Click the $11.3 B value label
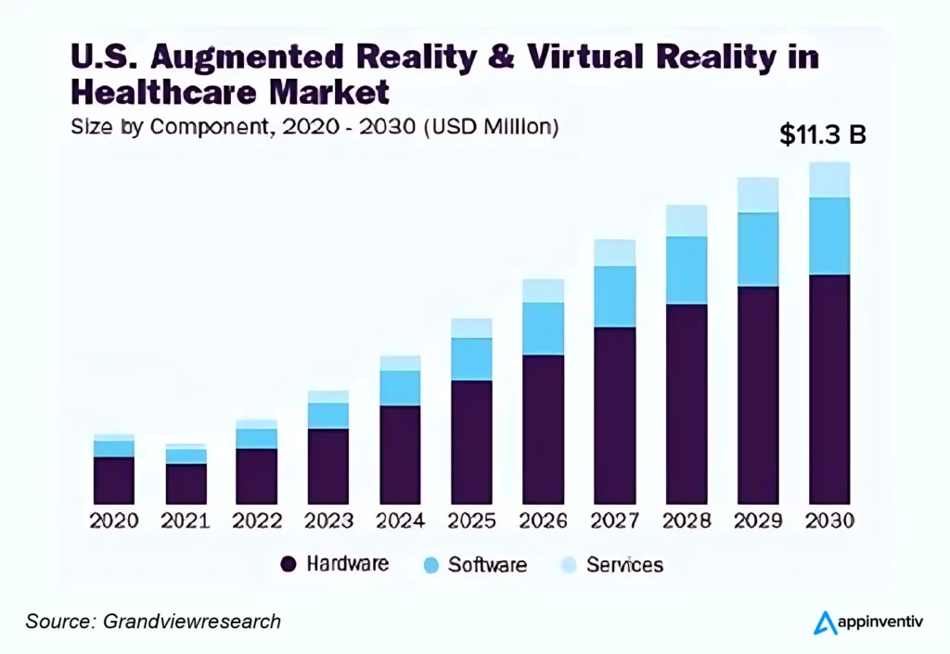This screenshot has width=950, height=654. click(x=823, y=135)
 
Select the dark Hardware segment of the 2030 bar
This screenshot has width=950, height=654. click(x=829, y=389)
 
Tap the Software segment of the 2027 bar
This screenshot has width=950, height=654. click(x=614, y=296)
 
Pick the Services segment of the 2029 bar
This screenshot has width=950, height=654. click(x=758, y=195)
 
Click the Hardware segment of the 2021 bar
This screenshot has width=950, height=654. click(x=186, y=483)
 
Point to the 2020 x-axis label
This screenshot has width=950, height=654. click(x=113, y=520)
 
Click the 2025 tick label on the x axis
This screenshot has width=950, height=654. click(x=471, y=520)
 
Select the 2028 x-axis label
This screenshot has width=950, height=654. click(x=687, y=520)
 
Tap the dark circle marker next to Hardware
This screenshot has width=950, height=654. click(x=288, y=564)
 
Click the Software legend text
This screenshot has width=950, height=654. click(x=487, y=564)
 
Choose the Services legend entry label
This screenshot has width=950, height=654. click(x=624, y=564)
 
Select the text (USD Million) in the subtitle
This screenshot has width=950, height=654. click(x=491, y=127)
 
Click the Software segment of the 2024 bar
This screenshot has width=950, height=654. click(x=400, y=388)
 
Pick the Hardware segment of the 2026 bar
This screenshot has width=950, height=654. click(x=543, y=429)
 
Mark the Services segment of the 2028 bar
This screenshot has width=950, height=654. click(x=687, y=221)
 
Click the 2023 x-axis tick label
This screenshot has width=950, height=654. click(x=328, y=520)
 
